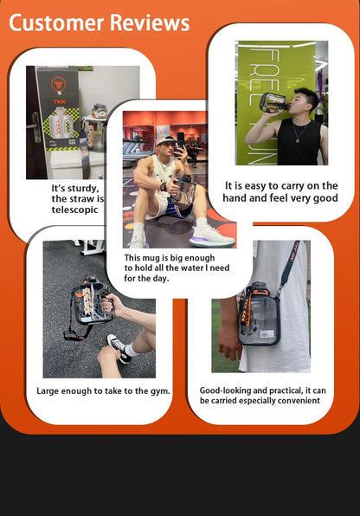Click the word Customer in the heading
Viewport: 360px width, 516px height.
(56, 23)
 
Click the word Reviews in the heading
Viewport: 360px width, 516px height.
(150, 23)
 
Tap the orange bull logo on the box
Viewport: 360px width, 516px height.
(59, 85)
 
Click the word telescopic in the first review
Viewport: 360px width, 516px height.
(74, 210)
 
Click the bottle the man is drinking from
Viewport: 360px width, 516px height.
(273, 103)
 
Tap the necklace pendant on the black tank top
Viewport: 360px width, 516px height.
(298, 140)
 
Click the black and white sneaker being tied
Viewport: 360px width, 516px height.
(119, 349)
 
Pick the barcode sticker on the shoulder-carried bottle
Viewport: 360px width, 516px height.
(267, 335)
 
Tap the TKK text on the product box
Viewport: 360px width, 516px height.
(59, 101)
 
